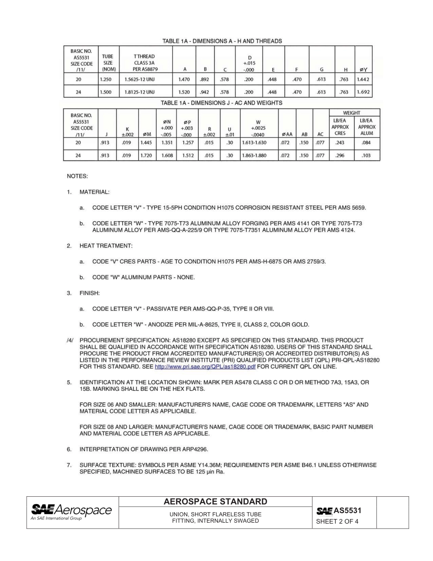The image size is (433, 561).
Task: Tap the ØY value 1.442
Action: pos(363,79)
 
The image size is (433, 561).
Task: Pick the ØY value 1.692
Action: pos(363,92)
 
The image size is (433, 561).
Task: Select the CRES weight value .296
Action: pos(340,155)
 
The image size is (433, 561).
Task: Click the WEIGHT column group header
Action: pos(352,113)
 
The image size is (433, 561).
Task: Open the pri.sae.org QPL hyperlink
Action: pos(205,367)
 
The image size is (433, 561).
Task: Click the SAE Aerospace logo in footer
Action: pos(71,511)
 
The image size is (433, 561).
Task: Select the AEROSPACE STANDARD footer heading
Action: pos(215,502)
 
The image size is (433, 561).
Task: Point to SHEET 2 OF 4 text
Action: pos(337,522)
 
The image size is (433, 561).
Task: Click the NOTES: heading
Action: pos(77,176)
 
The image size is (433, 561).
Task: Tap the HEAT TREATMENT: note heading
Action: pos(106,246)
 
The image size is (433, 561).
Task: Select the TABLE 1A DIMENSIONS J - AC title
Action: pos(221,103)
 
